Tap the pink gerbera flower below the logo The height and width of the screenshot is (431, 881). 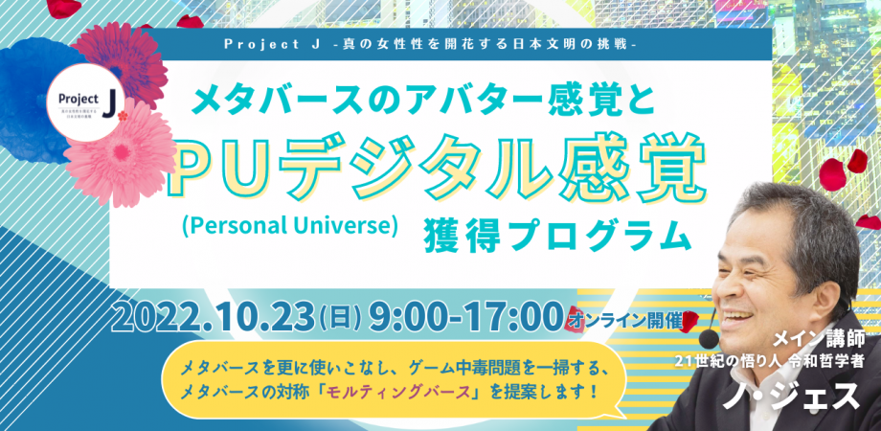[x=131, y=152]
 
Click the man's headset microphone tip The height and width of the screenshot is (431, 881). [x=708, y=340]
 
